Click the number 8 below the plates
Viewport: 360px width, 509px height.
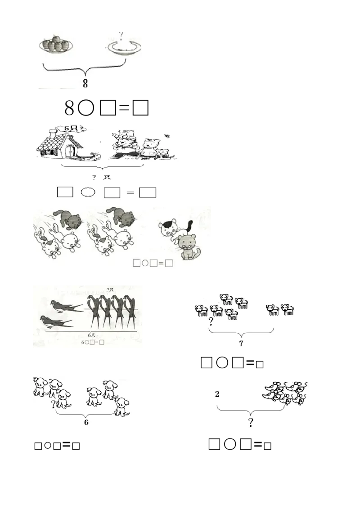click(85, 83)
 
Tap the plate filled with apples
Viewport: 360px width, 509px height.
click(57, 45)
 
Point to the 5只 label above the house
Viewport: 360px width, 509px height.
click(72, 129)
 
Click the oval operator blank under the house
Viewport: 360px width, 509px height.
click(88, 192)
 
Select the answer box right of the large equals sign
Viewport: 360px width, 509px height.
click(148, 192)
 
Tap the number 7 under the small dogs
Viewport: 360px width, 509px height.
click(241, 344)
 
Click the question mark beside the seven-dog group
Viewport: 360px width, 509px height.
click(211, 321)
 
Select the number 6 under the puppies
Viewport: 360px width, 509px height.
click(85, 422)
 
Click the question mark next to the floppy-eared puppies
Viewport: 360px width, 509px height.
click(54, 404)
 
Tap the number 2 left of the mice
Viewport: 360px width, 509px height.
click(217, 394)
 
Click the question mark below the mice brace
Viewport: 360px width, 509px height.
click(250, 422)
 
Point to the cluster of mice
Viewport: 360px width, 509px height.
click(286, 392)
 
